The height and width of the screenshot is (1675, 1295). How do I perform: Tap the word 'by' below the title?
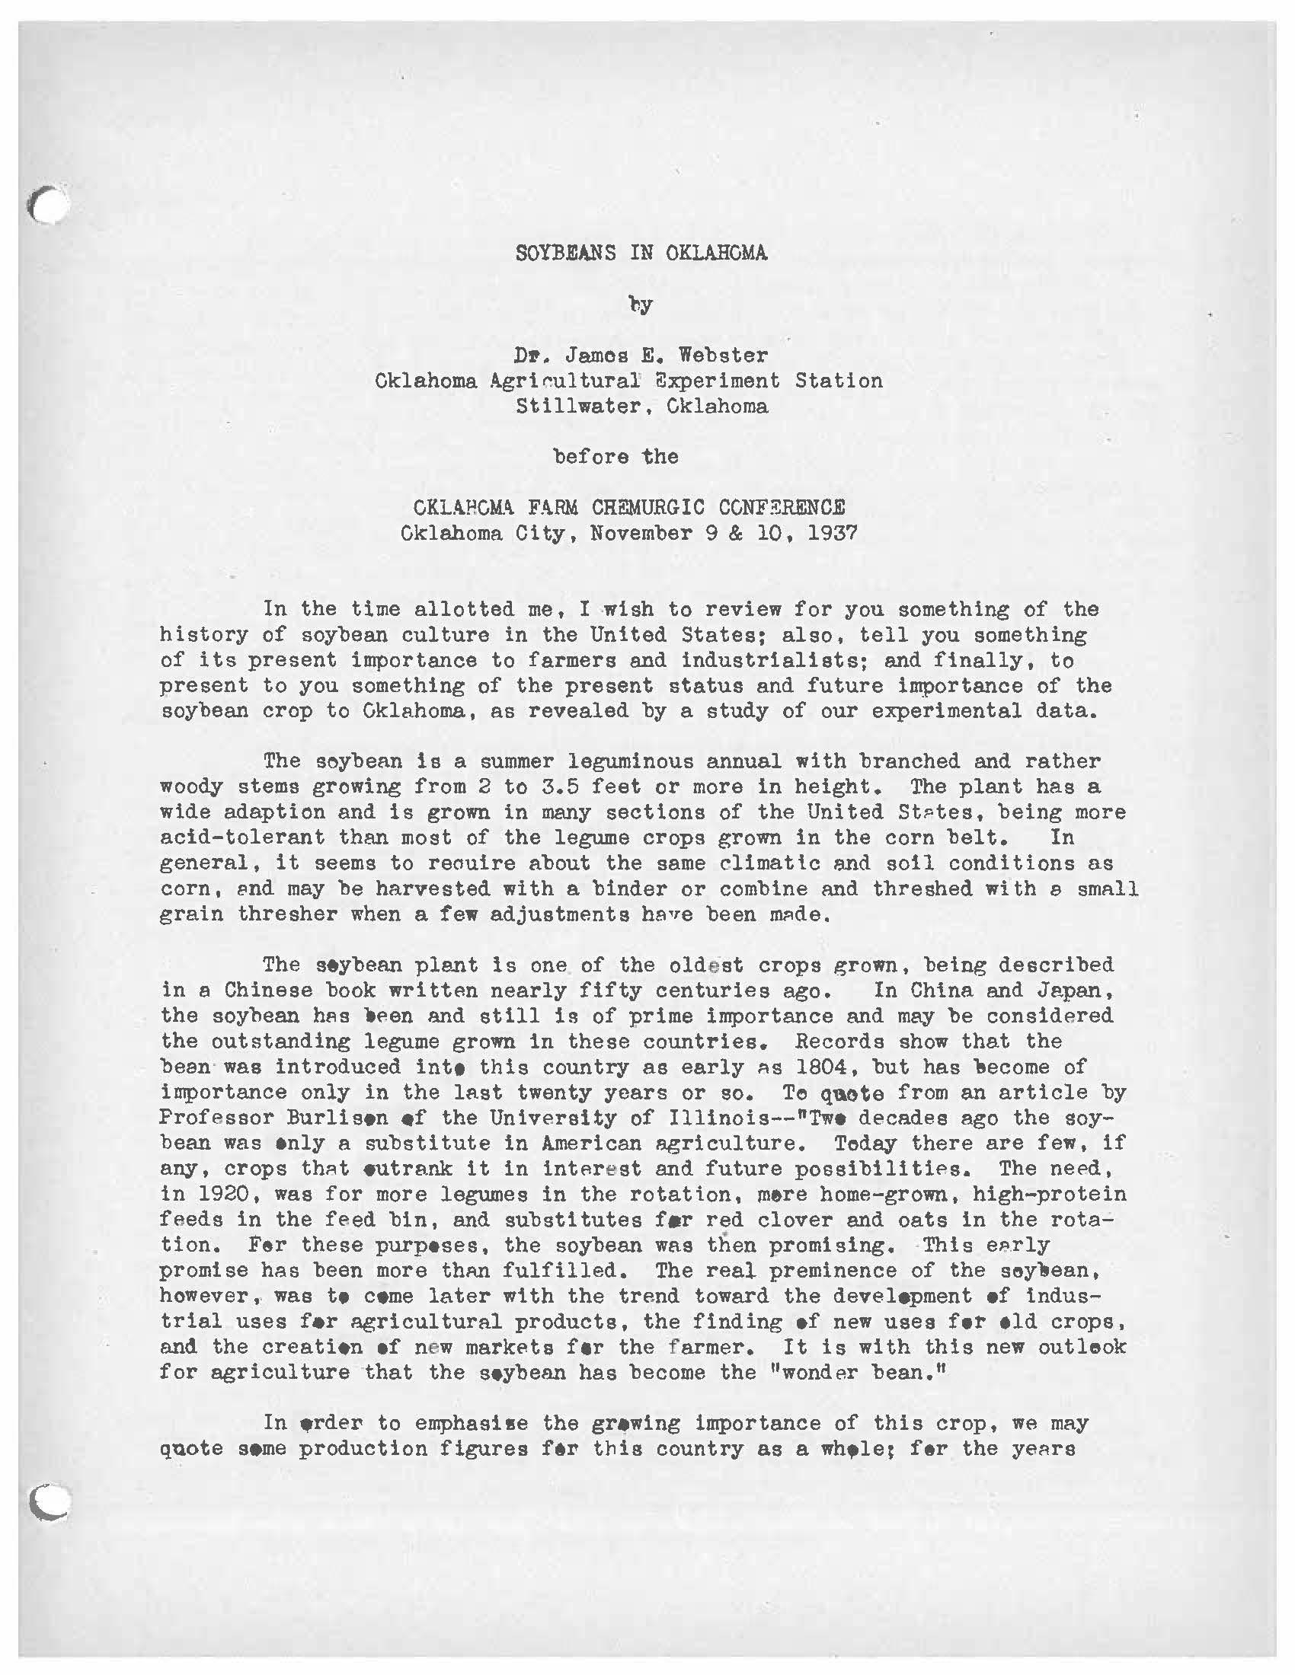coord(641,305)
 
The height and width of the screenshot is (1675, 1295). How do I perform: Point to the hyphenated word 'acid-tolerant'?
coord(242,837)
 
